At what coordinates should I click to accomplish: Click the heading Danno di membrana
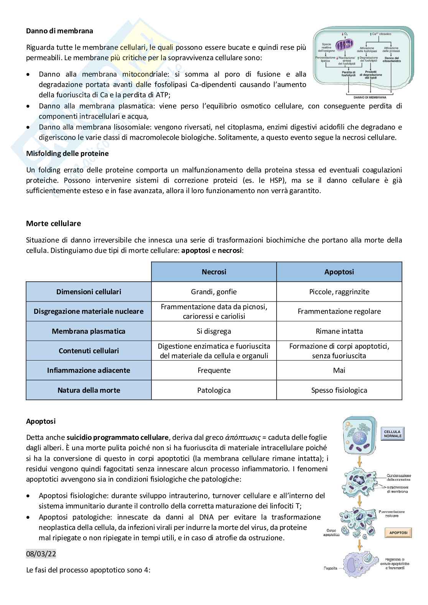click(59, 31)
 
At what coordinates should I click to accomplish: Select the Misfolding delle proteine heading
click(67, 153)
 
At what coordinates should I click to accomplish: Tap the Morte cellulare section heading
click(53, 223)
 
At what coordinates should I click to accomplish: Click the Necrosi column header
click(214, 272)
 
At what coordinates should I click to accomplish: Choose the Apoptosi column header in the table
click(339, 272)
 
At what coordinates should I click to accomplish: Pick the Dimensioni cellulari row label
click(89, 292)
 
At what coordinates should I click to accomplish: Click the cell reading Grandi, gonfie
click(214, 292)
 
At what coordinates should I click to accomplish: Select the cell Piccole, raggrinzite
click(339, 292)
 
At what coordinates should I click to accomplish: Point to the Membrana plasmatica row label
click(89, 331)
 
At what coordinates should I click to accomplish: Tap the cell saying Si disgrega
click(214, 331)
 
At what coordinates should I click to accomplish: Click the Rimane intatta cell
click(339, 331)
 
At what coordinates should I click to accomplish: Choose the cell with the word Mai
click(339, 371)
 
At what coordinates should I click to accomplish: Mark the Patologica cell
click(214, 390)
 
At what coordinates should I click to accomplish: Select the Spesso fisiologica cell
click(339, 390)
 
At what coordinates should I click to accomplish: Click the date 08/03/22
click(41, 554)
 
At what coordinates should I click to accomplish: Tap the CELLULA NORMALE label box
click(393, 434)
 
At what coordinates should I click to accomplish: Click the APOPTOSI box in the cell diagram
click(398, 533)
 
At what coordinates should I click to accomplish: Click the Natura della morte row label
click(89, 390)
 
